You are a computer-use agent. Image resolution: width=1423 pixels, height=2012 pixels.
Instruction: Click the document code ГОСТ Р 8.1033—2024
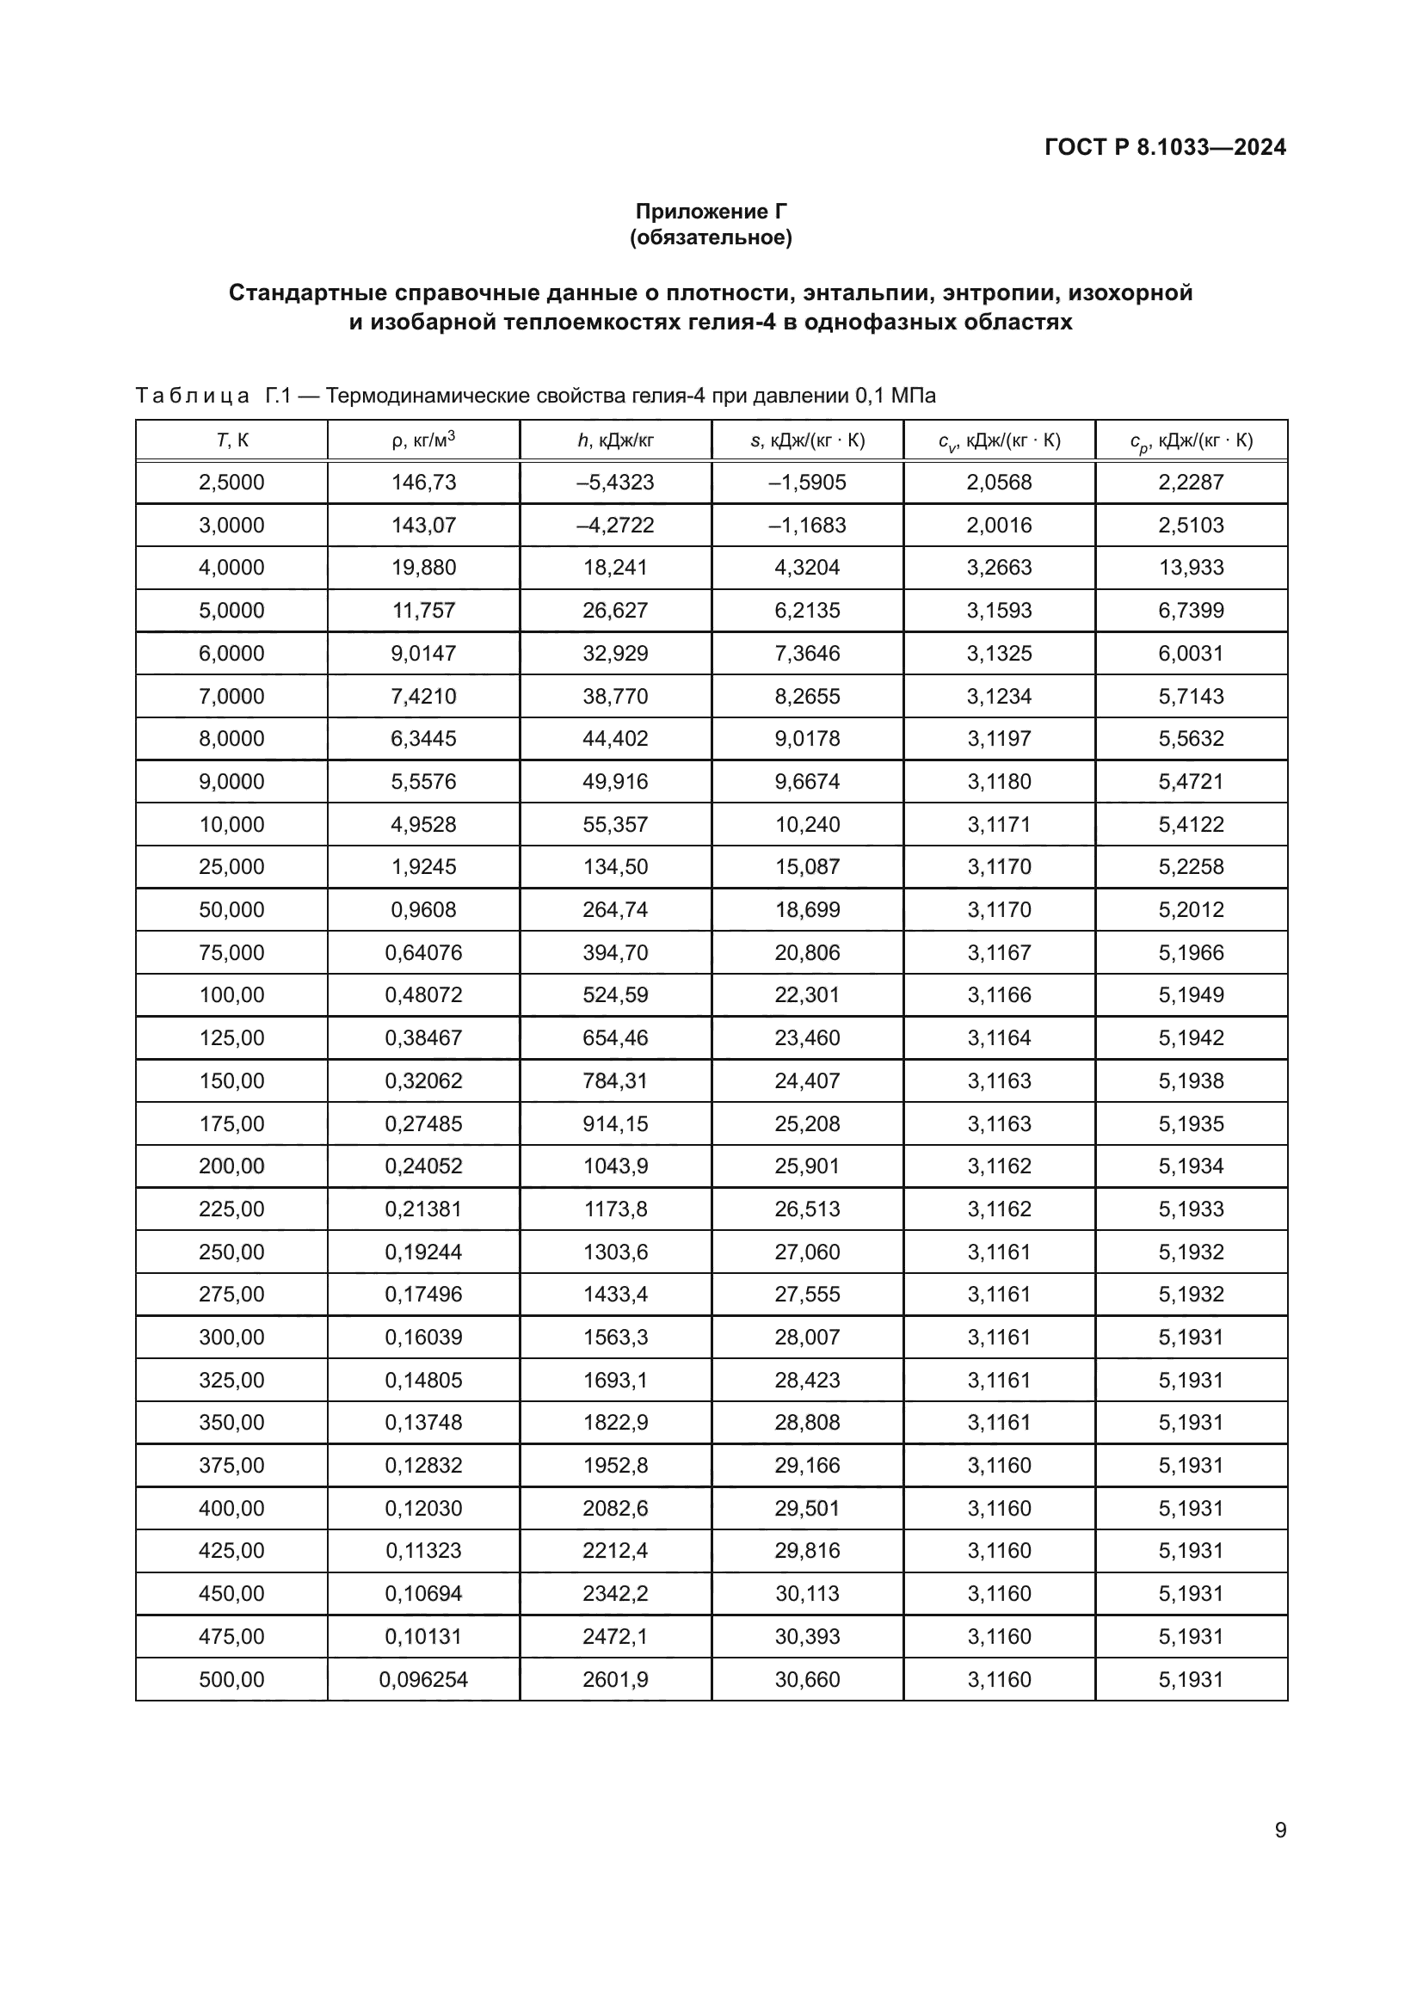tap(1165, 147)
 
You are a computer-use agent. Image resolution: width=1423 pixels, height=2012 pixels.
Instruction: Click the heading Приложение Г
tap(711, 212)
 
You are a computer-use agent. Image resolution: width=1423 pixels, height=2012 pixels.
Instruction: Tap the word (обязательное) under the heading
tap(711, 237)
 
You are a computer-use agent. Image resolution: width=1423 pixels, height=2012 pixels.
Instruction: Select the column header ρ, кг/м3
tap(423, 440)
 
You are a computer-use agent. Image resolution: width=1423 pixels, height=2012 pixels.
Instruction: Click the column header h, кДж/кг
tap(615, 440)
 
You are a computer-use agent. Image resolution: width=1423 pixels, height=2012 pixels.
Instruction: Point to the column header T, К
tap(231, 440)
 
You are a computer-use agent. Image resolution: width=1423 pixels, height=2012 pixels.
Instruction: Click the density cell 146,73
tap(423, 482)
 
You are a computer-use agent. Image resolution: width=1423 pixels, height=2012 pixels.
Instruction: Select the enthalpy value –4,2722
tap(615, 525)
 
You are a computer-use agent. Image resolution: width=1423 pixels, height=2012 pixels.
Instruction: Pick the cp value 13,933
tap(1191, 567)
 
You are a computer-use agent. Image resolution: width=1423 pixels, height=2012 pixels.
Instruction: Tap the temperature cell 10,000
tap(231, 824)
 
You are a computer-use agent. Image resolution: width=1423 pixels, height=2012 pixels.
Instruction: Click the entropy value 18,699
tap(807, 909)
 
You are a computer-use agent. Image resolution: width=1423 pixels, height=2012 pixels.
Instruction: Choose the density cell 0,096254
tap(423, 1679)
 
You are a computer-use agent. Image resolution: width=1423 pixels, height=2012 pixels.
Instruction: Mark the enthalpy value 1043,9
tap(615, 1166)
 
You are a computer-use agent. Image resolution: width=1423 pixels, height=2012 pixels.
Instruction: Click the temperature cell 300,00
tap(231, 1338)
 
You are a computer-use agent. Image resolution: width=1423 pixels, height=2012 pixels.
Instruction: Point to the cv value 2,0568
tap(999, 482)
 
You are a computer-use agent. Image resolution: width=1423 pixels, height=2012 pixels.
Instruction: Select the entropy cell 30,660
tap(807, 1679)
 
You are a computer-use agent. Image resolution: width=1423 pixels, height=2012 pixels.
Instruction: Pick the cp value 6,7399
tap(1191, 610)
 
